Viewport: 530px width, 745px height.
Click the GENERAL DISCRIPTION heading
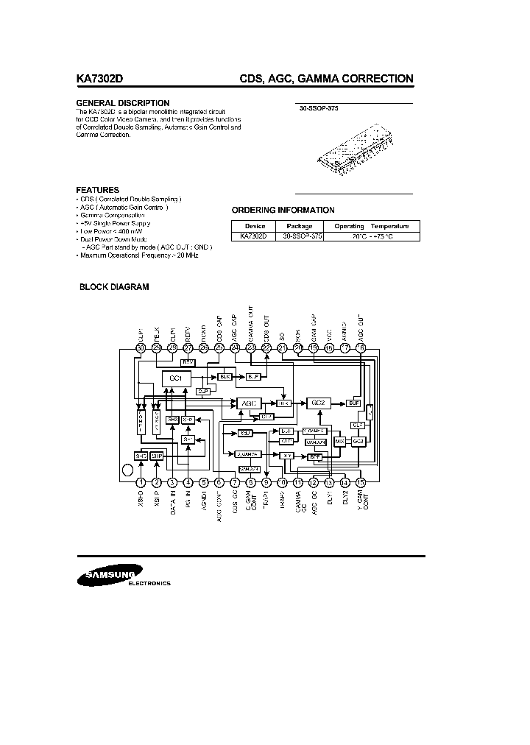pos(123,103)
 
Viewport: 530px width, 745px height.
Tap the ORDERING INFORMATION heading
pos(283,210)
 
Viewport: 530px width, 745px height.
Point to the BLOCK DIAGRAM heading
pos(114,287)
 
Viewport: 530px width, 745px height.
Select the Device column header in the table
pos(255,226)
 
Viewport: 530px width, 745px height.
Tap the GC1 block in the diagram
pos(176,378)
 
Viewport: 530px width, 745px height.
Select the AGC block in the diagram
pos(245,403)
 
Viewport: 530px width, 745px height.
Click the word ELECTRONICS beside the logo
pos(149,583)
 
